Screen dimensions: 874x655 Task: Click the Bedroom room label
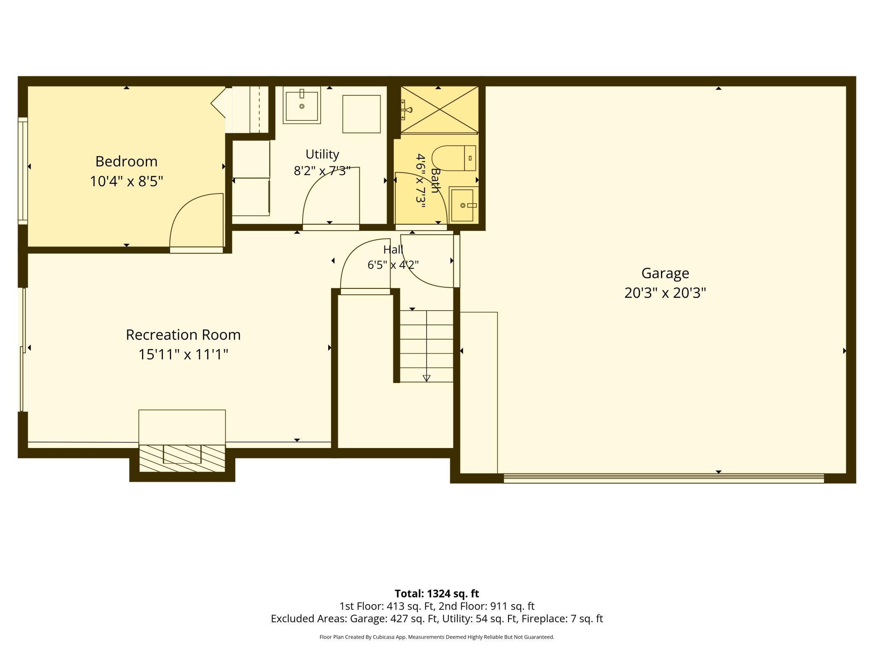[x=126, y=161]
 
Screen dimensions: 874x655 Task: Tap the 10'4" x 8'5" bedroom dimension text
[x=126, y=181]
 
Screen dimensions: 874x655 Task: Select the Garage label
[x=665, y=273]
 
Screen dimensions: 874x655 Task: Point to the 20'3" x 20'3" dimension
[x=665, y=293]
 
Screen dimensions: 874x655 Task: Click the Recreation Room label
[x=183, y=335]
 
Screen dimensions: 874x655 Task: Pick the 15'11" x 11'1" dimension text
[x=183, y=354]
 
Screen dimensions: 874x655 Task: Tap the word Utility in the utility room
[x=322, y=155]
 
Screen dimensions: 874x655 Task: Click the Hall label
[x=393, y=249]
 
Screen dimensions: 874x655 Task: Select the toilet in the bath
[x=454, y=158]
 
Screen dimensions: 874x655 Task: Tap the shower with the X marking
[x=440, y=110]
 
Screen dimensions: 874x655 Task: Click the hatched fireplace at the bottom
[x=182, y=458]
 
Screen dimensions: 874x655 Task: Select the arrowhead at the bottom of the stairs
[x=426, y=378]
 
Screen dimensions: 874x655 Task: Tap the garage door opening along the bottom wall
[x=664, y=478]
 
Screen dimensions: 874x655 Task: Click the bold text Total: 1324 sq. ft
[x=437, y=594]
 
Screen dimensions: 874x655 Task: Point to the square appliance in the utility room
[x=361, y=114]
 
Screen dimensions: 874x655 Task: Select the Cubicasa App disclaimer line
[x=437, y=637]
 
